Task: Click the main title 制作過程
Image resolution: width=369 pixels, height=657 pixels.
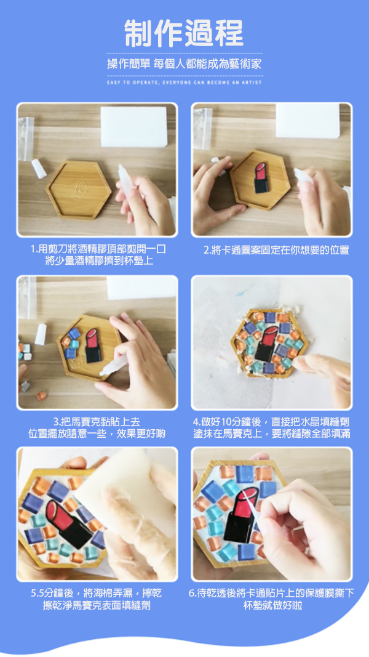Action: coord(184,33)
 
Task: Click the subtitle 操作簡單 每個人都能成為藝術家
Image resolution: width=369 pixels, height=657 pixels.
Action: coord(184,64)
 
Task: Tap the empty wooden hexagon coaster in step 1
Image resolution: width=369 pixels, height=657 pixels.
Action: coord(79,190)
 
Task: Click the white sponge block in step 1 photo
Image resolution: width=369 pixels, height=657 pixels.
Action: coord(134,127)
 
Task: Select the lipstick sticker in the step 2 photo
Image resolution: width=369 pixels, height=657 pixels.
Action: coord(261,178)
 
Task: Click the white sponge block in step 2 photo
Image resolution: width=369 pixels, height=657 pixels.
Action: coord(307,121)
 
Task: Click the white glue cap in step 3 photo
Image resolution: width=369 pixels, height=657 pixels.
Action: coord(41,334)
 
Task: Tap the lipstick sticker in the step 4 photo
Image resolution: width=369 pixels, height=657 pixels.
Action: coord(266,344)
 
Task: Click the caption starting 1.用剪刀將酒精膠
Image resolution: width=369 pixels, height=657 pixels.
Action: coord(98,255)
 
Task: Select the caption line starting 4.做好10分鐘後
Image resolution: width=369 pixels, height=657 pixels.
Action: coord(271,422)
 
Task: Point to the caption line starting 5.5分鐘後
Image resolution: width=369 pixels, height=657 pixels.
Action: coord(96,594)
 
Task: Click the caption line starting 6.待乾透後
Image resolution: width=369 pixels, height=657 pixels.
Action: coord(271,594)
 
